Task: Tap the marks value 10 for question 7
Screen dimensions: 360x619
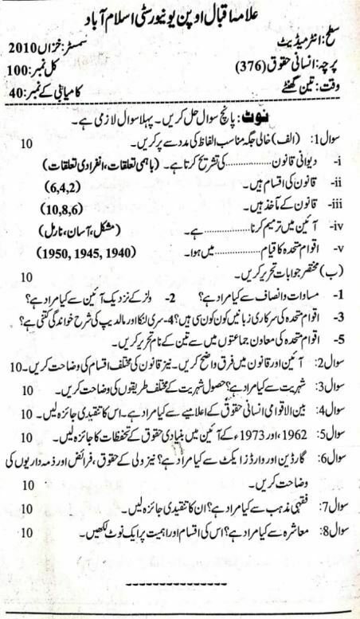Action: (x=25, y=507)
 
